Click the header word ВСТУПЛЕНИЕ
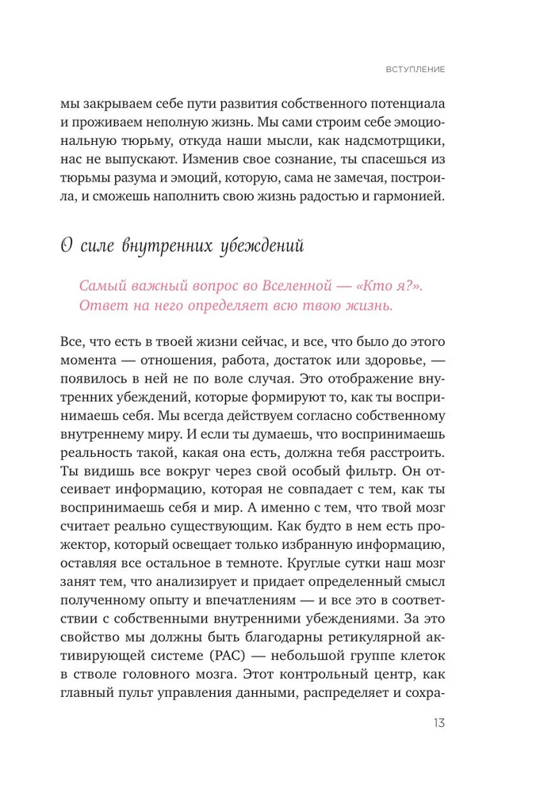pyautogui.click(x=416, y=70)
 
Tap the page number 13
pyautogui.click(x=439, y=723)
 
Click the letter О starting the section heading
pyautogui.click(x=67, y=246)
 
